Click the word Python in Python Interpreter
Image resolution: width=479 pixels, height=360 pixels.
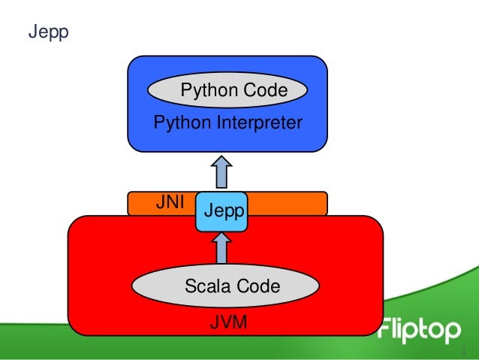point(179,122)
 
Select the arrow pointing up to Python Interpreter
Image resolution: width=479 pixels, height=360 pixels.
point(222,171)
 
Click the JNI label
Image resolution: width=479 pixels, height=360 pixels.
point(169,202)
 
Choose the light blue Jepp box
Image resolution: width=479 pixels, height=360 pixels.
point(221,211)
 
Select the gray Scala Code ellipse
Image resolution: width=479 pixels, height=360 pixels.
point(226,286)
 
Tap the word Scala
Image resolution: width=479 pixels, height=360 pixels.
point(206,286)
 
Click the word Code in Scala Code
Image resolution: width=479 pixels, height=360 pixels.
point(258,286)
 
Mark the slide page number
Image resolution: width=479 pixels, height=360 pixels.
point(464,349)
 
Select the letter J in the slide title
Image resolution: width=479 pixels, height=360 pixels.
point(32,33)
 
